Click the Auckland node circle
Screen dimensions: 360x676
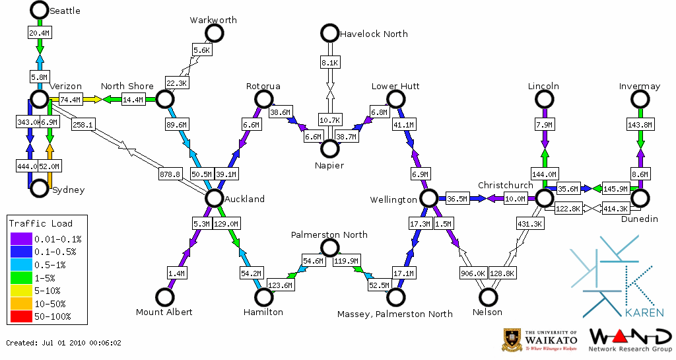[213, 198]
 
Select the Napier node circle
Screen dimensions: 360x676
[329, 149]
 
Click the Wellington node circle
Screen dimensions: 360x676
[429, 198]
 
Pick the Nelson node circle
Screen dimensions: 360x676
[489, 297]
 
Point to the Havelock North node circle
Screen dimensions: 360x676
[329, 32]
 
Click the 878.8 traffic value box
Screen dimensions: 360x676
[170, 174]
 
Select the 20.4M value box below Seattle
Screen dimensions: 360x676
[39, 32]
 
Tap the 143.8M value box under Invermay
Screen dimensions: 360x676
[640, 125]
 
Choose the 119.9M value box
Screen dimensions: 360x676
[346, 260]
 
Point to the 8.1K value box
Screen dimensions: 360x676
[329, 62]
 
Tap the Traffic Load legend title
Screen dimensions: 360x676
[41, 223]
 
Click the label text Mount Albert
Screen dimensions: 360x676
[164, 312]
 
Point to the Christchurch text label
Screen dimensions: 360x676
[505, 185]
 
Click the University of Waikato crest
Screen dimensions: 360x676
[513, 339]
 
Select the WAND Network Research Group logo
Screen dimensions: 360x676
[630, 340]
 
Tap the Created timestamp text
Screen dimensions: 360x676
[63, 343]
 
